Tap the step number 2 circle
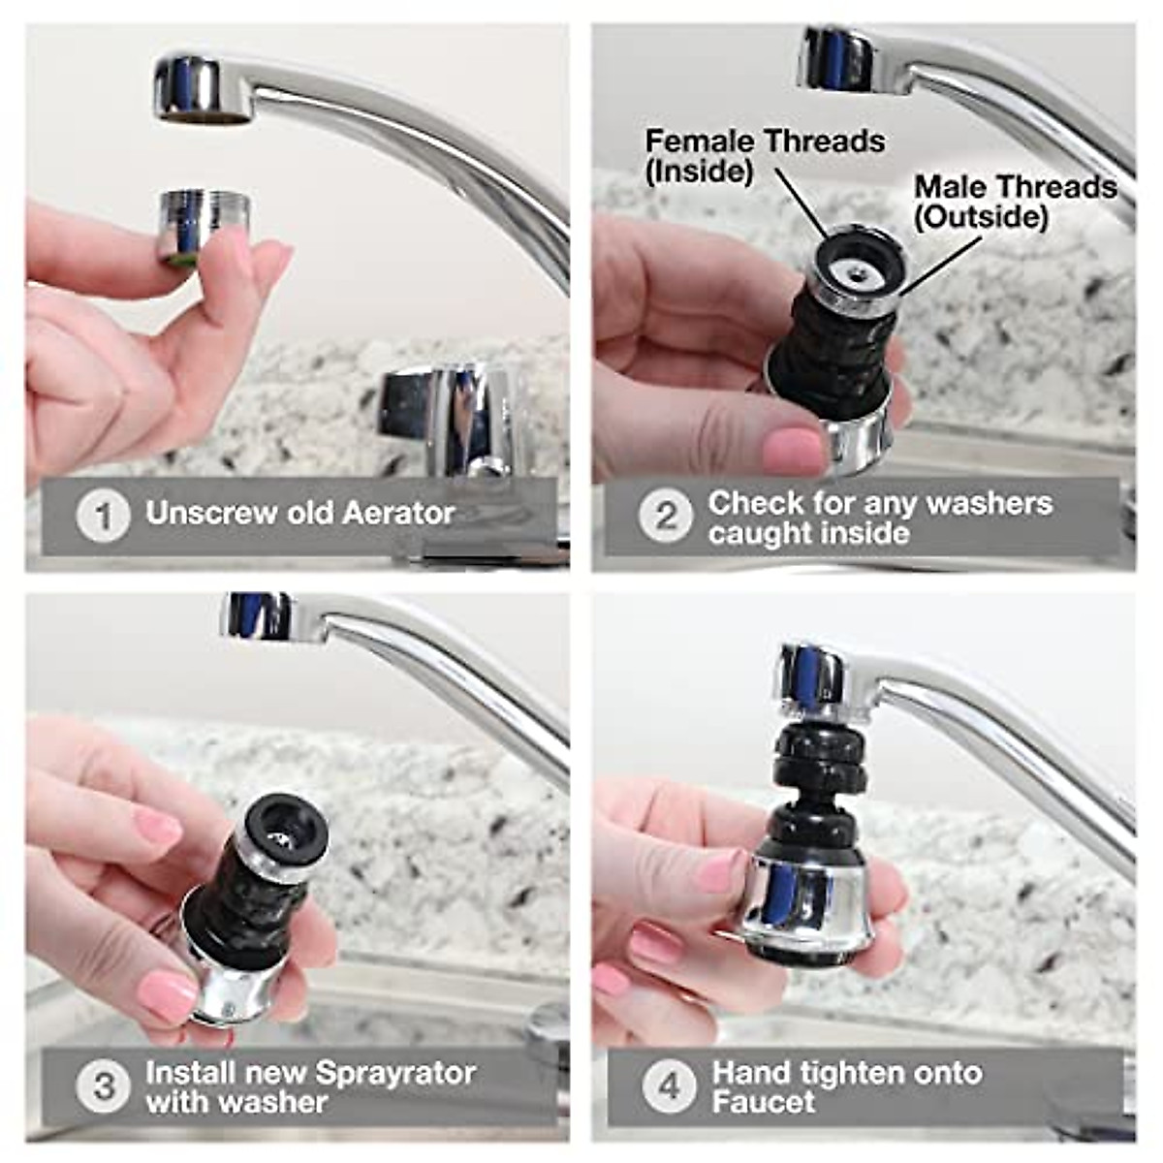[x=666, y=516]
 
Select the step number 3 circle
[x=103, y=1085]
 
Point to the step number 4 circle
[x=669, y=1085]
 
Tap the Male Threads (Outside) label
[x=1014, y=201]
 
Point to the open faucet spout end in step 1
[x=202, y=117]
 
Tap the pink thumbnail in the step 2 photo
[x=793, y=450]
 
